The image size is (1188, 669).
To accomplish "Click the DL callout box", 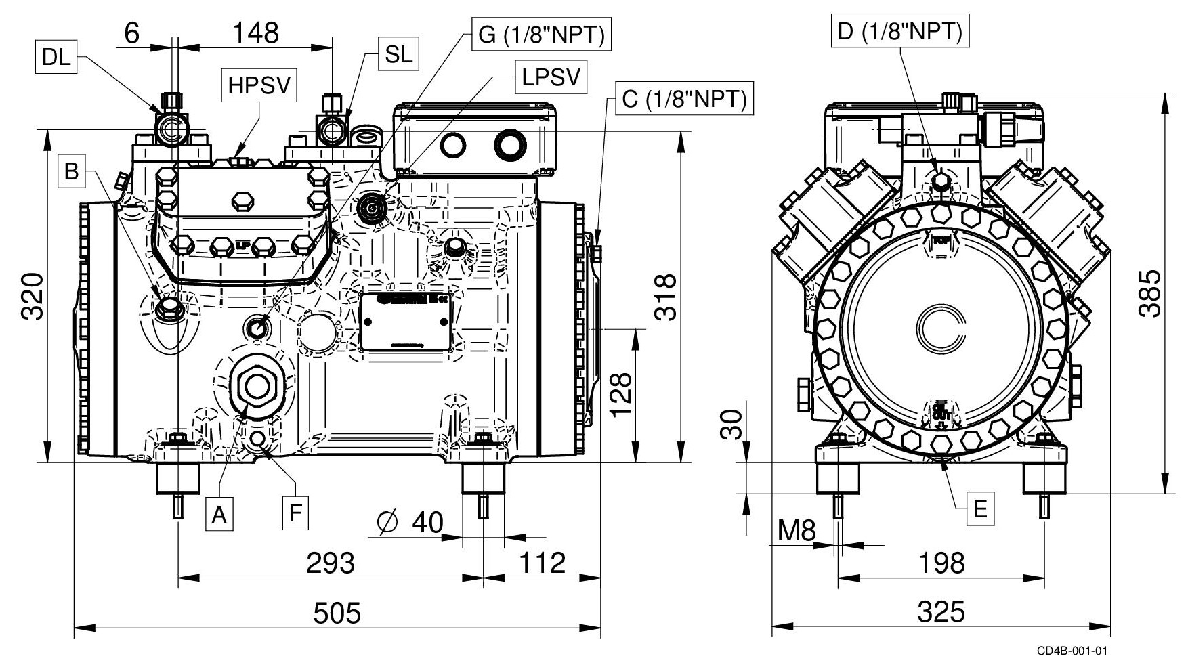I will coord(56,58).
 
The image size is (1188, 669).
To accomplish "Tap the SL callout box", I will coord(399,54).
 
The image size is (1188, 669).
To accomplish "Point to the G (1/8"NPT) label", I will coord(541,35).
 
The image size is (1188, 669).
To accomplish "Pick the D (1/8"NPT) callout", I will coord(900,32).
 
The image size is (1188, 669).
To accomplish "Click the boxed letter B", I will coord(72,171).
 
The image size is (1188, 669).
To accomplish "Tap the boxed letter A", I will coord(218,515).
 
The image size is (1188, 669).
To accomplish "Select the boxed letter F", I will coord(295,514).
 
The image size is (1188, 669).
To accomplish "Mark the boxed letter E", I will coord(980,509).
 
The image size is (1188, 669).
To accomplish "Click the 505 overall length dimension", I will coord(337,613).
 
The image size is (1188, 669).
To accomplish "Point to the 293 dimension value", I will coord(331,563).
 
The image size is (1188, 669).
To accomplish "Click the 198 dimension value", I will coord(941,563).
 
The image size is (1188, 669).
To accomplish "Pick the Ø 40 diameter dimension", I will coord(410,523).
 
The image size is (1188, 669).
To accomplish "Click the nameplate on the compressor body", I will coord(406,322).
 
